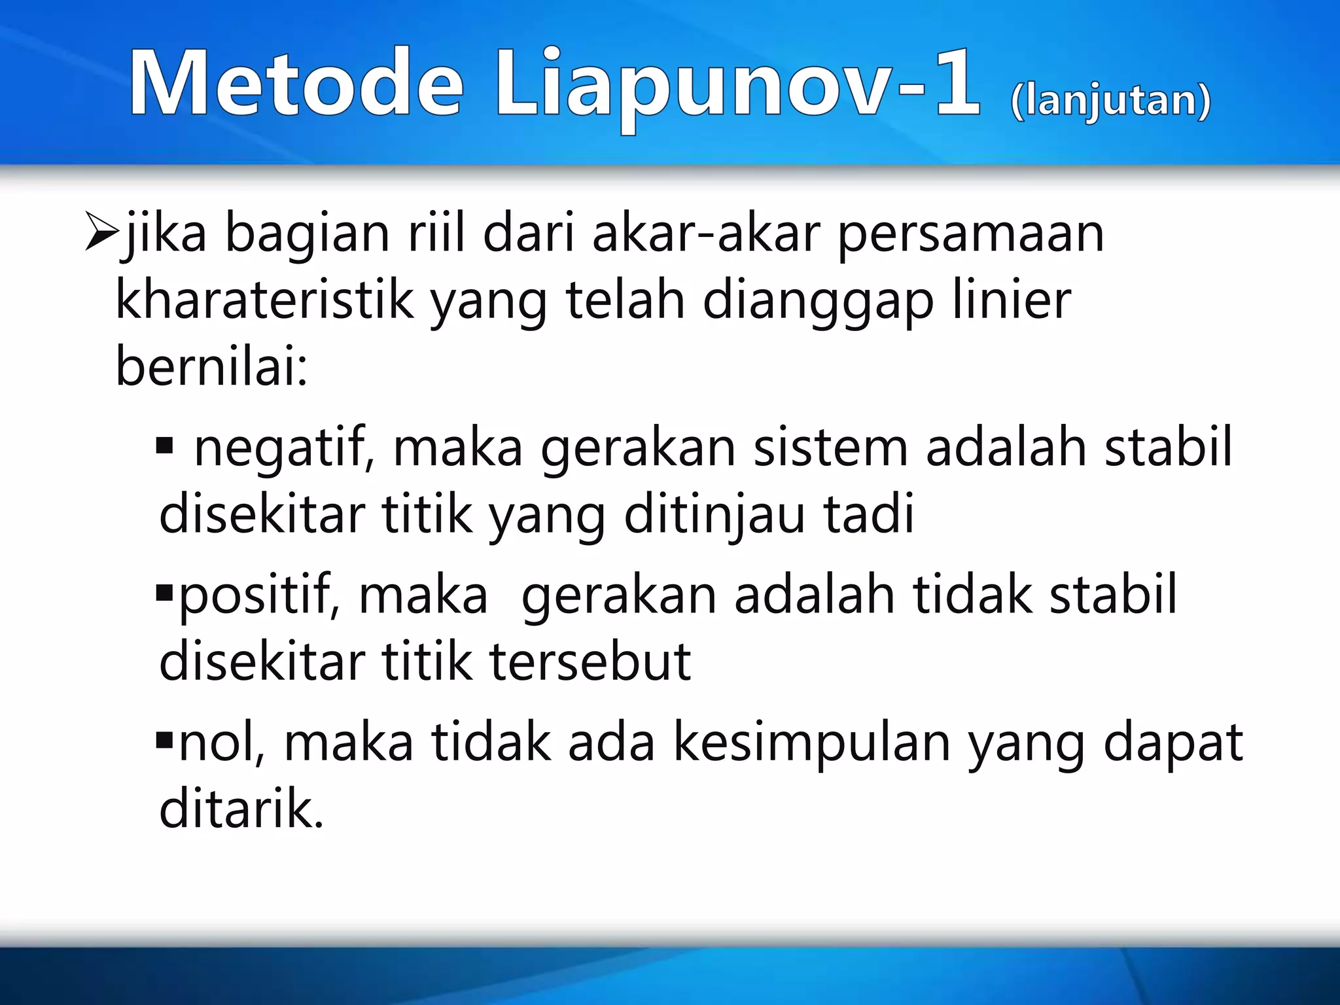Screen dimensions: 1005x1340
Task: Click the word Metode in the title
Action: pos(296,84)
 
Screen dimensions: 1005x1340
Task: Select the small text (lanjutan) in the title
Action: pos(1110,101)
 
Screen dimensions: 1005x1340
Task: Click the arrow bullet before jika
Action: pos(101,234)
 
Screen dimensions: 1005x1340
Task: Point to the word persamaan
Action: pos(971,234)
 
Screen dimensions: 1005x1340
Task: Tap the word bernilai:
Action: pos(211,367)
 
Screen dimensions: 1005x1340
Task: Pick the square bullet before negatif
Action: pos(164,447)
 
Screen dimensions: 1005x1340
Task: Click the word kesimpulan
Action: pos(811,743)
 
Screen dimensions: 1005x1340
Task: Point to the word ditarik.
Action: pos(241,810)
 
